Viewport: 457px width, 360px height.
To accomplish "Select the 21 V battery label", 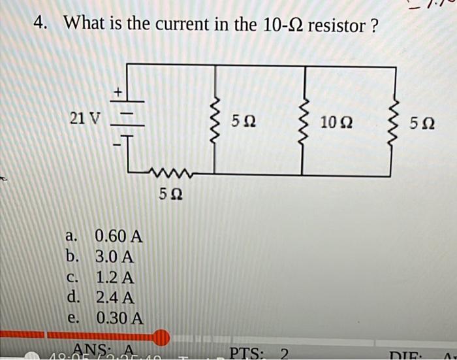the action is pos(86,119).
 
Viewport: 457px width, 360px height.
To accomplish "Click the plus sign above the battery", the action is pos(119,93).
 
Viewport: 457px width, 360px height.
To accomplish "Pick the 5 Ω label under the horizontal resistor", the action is pos(171,194).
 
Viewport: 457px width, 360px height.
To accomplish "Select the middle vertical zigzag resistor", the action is pos(302,121).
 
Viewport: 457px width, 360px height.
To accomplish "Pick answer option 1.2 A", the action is pos(115,277).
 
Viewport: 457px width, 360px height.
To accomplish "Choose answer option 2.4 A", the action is pos(115,298).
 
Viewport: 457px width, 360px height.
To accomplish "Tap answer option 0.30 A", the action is pos(119,319).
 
